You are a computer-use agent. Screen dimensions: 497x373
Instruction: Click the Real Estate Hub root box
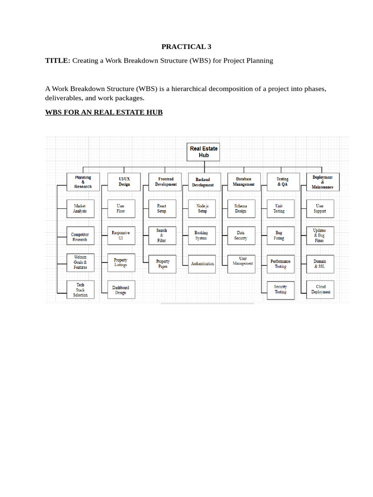[x=203, y=152]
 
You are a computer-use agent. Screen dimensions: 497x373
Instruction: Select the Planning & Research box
[x=83, y=182]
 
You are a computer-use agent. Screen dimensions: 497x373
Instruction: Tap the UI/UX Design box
[x=124, y=182]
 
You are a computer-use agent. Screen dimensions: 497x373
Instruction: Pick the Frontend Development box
[x=166, y=182]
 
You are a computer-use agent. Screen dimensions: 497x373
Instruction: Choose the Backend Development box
[x=203, y=182]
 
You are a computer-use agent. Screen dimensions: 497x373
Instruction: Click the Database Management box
[x=243, y=182]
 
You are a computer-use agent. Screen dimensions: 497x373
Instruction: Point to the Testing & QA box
[x=282, y=182]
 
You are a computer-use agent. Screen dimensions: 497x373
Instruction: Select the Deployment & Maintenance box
[x=322, y=182]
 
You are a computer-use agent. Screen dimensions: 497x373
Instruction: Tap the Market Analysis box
[x=80, y=209]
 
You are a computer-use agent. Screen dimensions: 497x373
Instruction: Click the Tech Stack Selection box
[x=80, y=290]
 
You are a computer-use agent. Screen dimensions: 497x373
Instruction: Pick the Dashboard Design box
[x=121, y=290]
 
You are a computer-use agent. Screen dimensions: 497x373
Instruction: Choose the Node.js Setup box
[x=203, y=209]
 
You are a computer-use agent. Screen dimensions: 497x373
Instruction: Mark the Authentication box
[x=203, y=264]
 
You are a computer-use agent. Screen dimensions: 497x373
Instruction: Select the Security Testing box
[x=281, y=290]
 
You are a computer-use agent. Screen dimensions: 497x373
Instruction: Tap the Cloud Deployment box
[x=321, y=290]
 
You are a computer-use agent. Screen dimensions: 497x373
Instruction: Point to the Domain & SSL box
[x=320, y=264]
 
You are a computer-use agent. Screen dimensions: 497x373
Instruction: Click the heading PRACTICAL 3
[x=186, y=47]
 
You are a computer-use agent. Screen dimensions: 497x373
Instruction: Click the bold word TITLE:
[x=58, y=61]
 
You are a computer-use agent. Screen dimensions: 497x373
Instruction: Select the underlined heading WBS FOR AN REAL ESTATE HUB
[x=104, y=112]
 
